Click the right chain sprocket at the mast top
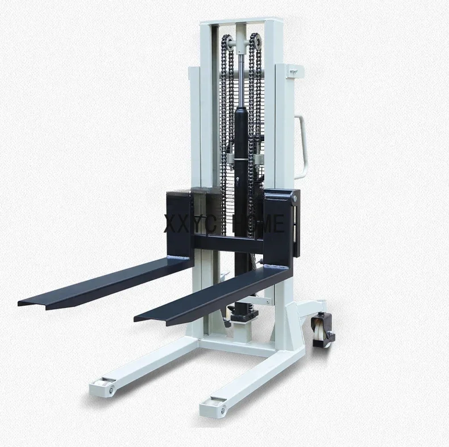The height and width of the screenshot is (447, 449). (255, 40)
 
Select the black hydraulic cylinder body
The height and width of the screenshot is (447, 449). (241, 147)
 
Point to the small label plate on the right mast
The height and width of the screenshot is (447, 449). (293, 71)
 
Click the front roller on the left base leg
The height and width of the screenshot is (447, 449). (105, 388)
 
